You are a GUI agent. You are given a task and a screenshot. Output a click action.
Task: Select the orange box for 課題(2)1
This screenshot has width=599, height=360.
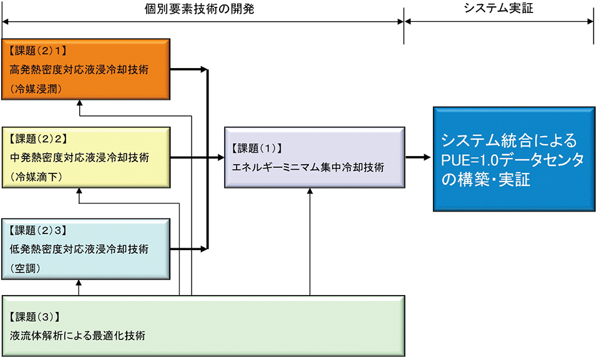click(85, 69)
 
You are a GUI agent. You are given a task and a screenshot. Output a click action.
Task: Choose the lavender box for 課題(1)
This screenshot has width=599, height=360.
click(314, 158)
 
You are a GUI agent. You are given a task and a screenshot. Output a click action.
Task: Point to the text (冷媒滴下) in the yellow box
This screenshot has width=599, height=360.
click(35, 177)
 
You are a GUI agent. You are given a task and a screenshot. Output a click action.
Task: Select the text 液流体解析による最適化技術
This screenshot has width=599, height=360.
click(78, 335)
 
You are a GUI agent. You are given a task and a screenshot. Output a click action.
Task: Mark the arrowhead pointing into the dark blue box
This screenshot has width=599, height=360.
click(427, 158)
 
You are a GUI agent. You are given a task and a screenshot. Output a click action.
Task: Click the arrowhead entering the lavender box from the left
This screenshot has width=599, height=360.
click(220, 158)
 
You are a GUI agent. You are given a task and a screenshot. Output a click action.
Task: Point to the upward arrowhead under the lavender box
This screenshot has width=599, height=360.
click(309, 193)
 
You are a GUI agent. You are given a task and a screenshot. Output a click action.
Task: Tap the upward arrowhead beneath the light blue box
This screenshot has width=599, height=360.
click(79, 284)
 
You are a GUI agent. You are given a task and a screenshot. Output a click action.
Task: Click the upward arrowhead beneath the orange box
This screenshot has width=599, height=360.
click(79, 104)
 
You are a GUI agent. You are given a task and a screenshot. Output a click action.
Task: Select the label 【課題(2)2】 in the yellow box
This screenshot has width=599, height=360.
click(38, 137)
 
